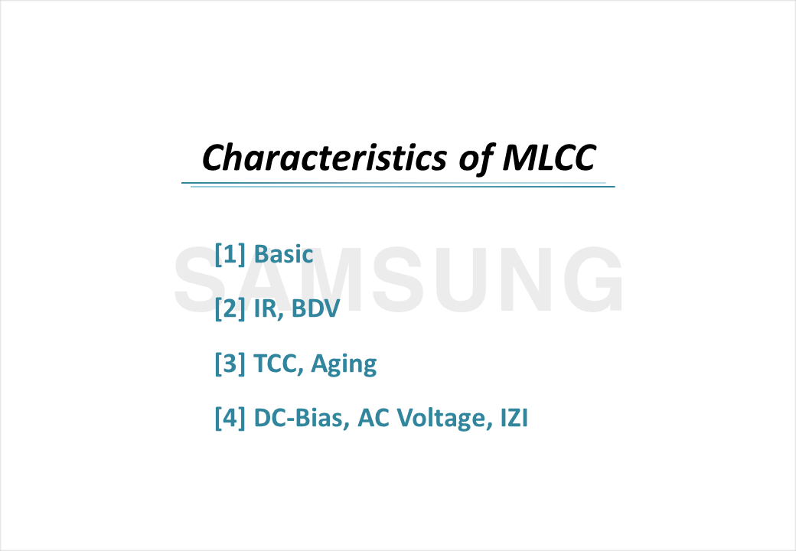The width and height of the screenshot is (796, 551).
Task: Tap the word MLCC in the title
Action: (548, 158)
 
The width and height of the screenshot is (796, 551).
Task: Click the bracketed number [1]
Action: (230, 254)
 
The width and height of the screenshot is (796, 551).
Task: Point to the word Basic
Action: (283, 254)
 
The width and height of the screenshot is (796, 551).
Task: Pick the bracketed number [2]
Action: (230, 308)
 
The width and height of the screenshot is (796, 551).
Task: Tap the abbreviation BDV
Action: (314, 308)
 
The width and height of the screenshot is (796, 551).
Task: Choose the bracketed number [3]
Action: (230, 364)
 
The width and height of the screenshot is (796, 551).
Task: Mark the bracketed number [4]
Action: (230, 419)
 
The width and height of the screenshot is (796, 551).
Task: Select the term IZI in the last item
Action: (511, 419)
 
